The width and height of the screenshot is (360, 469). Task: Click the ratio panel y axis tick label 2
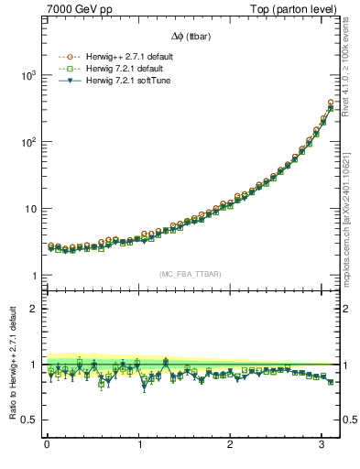[35, 309]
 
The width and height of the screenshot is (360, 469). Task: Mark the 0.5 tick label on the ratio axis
[29, 420]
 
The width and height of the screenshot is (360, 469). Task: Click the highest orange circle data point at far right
[330, 103]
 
